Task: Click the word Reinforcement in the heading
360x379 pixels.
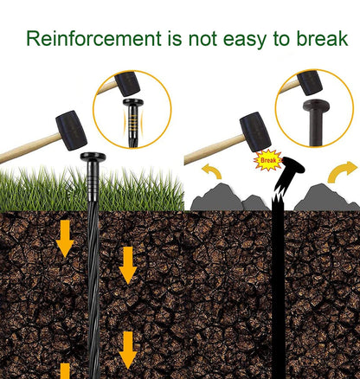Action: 93,38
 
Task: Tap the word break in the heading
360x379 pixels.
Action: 322,38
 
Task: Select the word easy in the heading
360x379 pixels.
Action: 245,41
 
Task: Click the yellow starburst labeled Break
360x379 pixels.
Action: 268,160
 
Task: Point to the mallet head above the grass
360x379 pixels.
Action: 71,131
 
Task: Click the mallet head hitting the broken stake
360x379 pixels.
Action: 255,132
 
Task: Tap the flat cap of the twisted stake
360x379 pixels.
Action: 93,157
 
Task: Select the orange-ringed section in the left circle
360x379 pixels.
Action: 133,121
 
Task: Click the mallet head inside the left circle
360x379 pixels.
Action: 127,84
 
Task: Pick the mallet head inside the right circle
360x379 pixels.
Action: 310,83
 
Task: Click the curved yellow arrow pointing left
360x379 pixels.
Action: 212,170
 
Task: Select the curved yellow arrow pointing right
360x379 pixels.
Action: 342,172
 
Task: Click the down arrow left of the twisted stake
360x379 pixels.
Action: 65,239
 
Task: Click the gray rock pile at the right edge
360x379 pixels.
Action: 326,198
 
